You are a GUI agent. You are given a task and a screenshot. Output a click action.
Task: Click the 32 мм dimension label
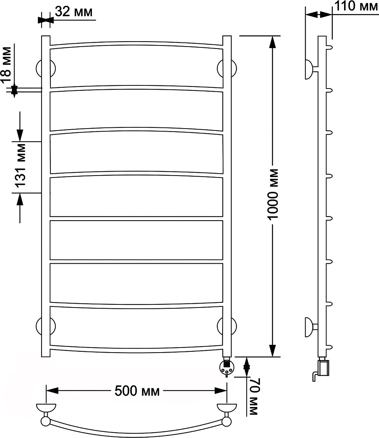coord(73,12)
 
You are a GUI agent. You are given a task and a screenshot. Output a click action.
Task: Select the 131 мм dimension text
coord(20,165)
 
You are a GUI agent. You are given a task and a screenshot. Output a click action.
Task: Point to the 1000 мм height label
coord(273,194)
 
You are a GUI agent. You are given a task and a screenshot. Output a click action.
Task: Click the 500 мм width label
coord(137,391)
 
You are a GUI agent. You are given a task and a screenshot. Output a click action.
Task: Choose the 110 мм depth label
coord(356,6)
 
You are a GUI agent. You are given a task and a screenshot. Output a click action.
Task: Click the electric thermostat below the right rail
coord(227,366)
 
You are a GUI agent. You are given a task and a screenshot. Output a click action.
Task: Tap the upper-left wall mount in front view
coord(46,68)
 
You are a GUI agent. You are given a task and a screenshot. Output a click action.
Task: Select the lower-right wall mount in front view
coord(227,326)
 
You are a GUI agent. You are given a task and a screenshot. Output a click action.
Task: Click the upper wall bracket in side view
coord(311,70)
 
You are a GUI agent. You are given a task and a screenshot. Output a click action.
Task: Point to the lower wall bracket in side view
coord(311,327)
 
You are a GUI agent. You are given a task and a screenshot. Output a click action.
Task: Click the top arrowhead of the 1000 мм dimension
coord(272,42)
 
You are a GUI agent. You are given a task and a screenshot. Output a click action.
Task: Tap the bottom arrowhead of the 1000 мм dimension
coord(272,350)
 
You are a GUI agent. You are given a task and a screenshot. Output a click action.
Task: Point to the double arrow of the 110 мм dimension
coord(319,14)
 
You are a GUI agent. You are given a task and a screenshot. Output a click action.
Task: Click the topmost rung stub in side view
coord(329,47)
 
